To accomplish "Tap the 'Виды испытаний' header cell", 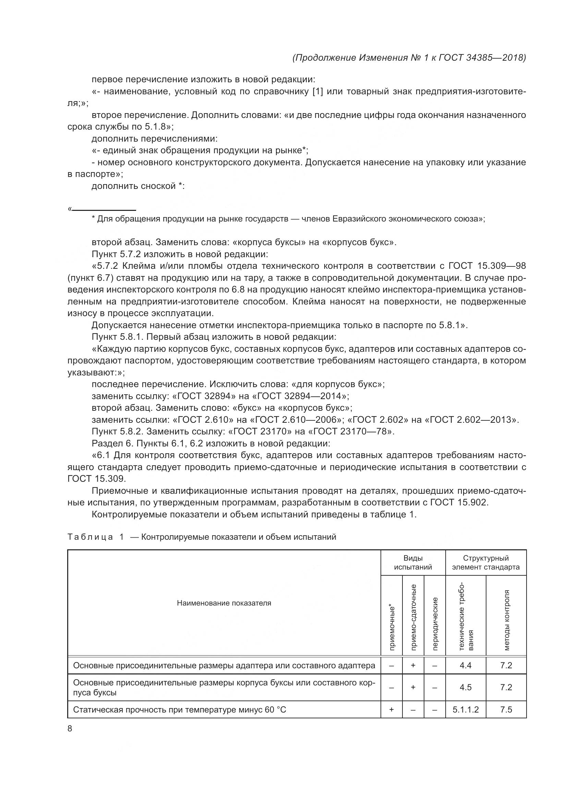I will (x=413, y=562).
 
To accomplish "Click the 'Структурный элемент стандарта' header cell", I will (x=486, y=562).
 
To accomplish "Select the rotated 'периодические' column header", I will (x=435, y=623).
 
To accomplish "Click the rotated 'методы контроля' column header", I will (x=507, y=620).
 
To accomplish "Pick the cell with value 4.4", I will (x=466, y=666).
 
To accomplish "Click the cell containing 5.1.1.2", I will (x=466, y=709).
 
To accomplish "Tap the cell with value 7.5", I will (x=506, y=709).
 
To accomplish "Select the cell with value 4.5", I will (x=466, y=687).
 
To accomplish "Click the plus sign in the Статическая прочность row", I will (x=391, y=709).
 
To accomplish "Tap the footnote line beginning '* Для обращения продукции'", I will (x=288, y=219).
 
